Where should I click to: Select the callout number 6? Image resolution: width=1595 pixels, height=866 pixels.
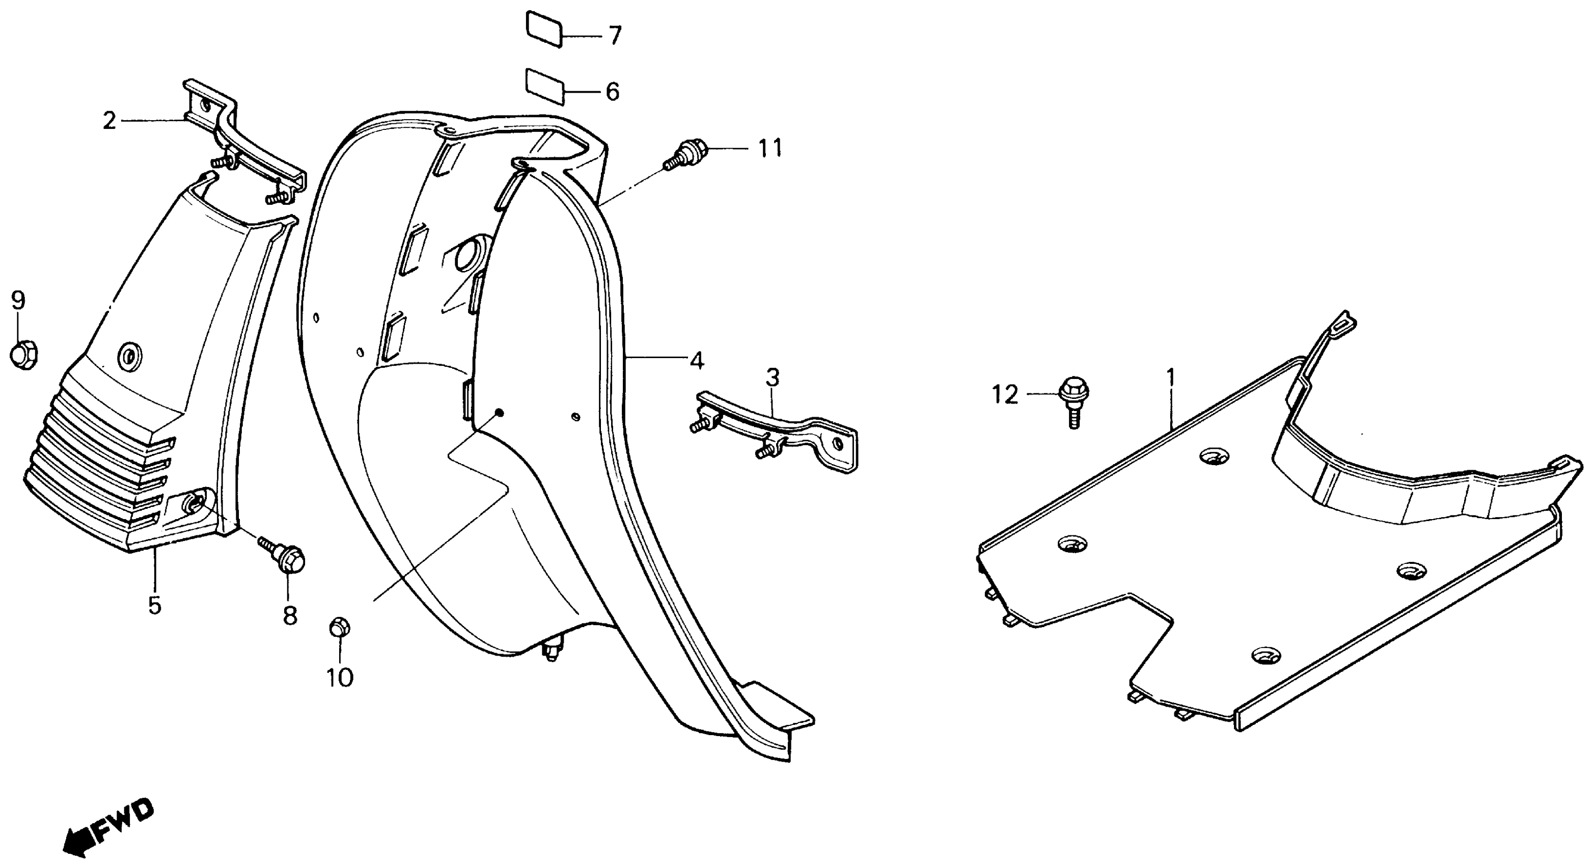(x=612, y=92)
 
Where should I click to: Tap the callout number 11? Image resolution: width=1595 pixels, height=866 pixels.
(x=771, y=149)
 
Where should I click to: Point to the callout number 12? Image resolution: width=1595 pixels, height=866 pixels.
(x=1005, y=395)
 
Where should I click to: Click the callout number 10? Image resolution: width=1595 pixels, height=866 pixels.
(x=340, y=677)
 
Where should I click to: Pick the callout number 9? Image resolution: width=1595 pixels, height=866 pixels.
(x=18, y=301)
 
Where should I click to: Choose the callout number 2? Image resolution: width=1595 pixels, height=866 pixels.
(x=109, y=121)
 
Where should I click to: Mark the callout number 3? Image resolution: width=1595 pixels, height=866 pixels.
(x=772, y=377)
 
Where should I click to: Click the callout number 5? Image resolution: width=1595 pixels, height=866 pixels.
(x=154, y=605)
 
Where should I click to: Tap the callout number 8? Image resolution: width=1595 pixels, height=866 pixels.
(x=290, y=615)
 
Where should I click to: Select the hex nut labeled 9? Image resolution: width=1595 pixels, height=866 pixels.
(x=23, y=354)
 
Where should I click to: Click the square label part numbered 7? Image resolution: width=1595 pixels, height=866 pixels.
(x=544, y=28)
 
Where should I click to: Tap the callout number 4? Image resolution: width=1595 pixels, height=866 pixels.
(x=697, y=361)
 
